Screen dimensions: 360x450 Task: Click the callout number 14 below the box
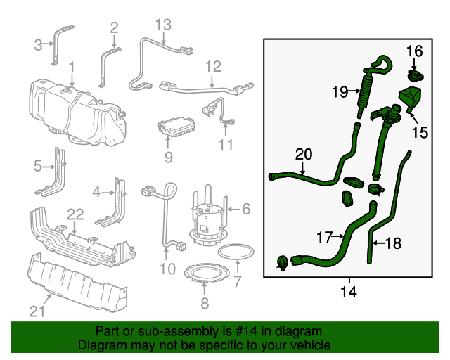click(348, 291)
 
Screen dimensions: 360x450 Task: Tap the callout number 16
click(415, 51)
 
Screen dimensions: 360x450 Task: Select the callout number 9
click(168, 157)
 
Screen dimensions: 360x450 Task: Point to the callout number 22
click(75, 214)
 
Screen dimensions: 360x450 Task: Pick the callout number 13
click(162, 25)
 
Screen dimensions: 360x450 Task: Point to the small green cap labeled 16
click(416, 73)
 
